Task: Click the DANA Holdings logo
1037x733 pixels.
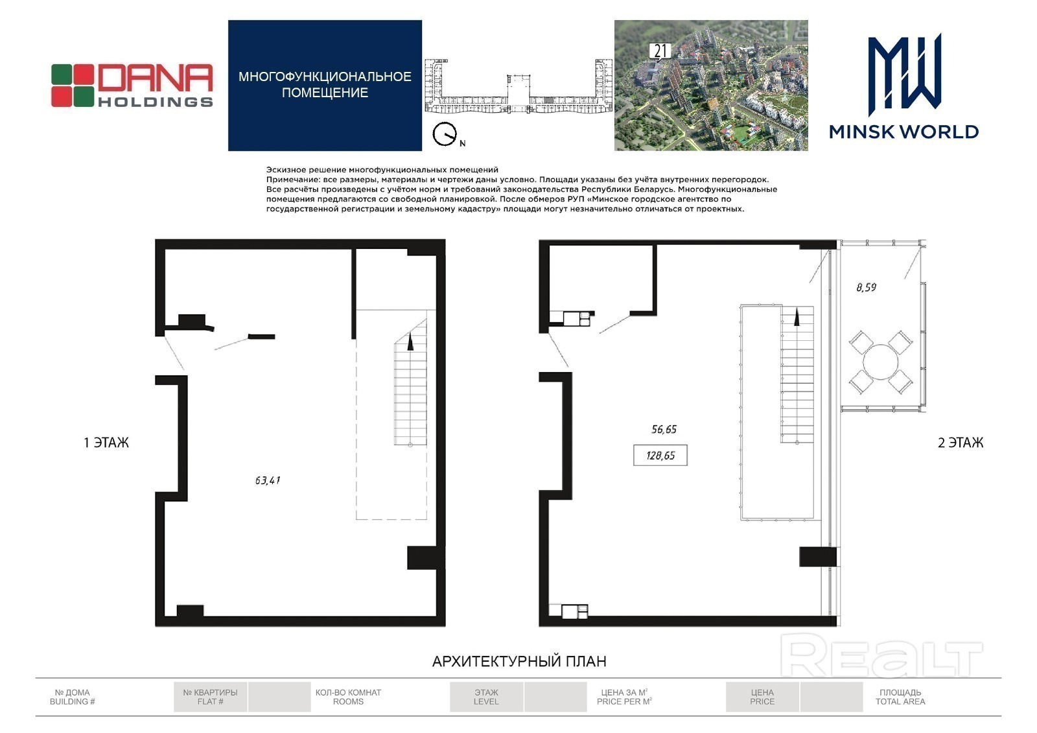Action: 132,86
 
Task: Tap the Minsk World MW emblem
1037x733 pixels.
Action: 904,74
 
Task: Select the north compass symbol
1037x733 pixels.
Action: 445,134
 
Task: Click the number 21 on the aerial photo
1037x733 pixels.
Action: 660,51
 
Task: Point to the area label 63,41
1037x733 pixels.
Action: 268,480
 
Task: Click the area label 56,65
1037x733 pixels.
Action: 664,429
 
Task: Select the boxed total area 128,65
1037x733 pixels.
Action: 660,455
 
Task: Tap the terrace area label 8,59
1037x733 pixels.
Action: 866,287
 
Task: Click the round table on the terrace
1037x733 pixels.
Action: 881,362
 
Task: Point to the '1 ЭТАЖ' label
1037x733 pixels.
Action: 106,443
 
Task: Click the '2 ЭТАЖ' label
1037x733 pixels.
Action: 961,443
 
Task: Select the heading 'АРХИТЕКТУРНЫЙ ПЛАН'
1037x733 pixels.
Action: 519,661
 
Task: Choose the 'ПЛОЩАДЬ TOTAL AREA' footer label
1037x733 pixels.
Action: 900,697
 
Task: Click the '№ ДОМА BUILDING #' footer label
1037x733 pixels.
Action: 72,697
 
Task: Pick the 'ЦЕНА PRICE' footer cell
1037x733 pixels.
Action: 762,697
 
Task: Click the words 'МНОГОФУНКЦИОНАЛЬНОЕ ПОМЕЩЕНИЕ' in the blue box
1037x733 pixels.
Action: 325,85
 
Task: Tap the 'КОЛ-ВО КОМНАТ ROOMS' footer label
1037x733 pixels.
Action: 348,697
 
